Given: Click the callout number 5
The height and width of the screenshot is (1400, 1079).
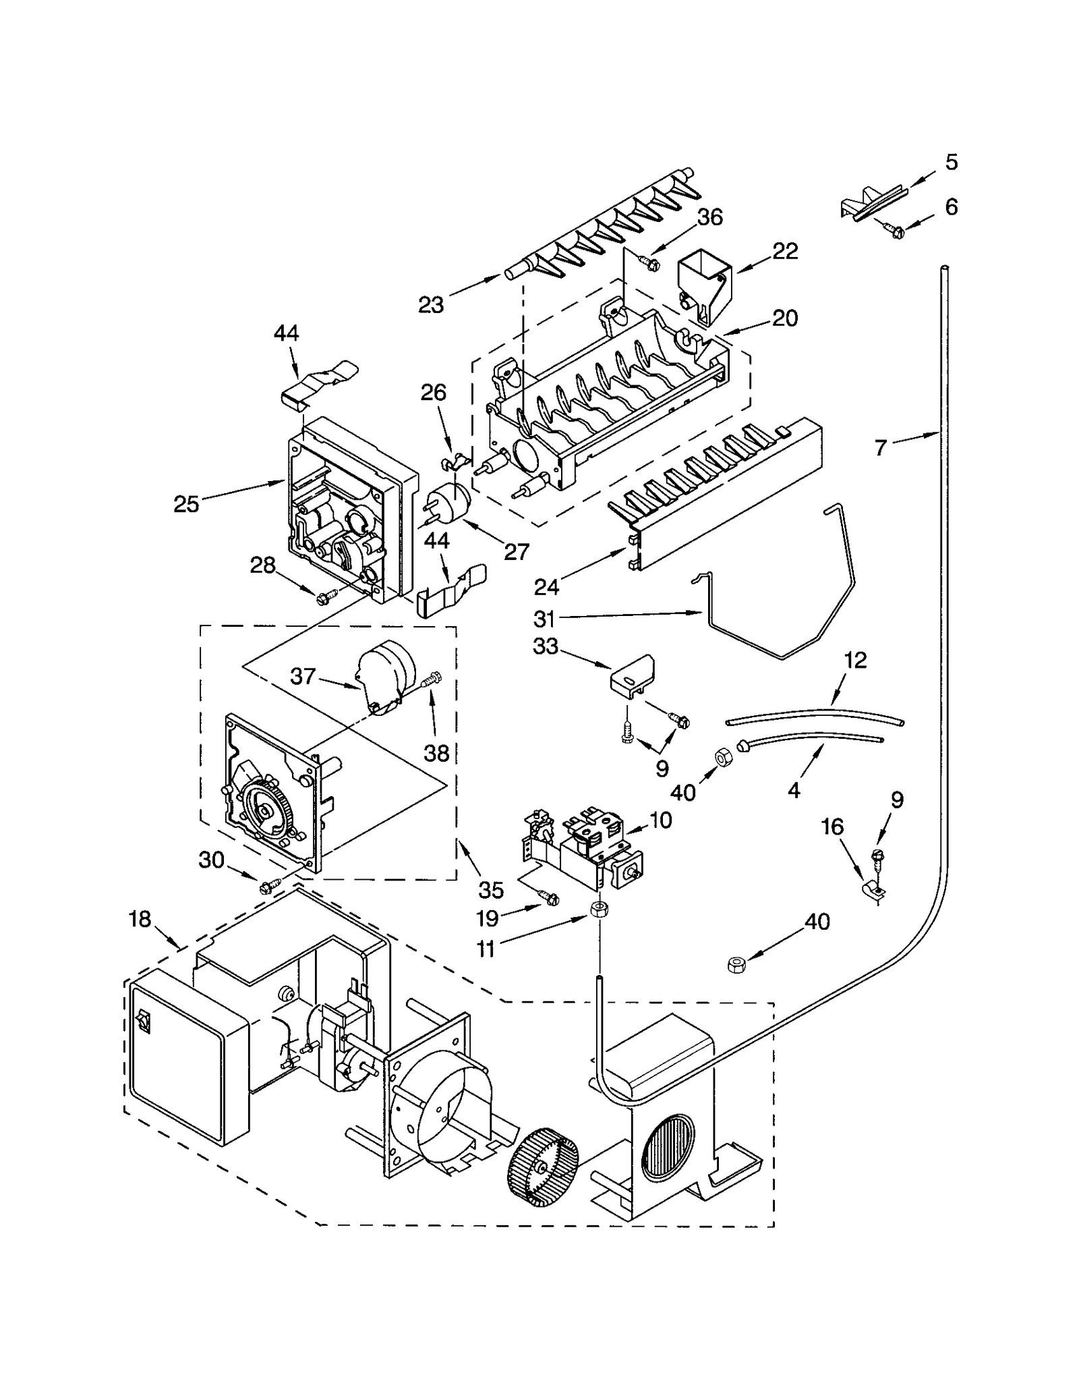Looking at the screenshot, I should (x=951, y=163).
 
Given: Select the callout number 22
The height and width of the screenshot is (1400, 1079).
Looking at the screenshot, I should (x=785, y=251).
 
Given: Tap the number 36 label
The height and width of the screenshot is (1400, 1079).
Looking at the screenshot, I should (x=709, y=217).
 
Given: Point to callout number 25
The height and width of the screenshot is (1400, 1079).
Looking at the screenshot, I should (x=186, y=503).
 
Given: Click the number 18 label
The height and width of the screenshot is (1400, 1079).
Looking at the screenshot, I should (x=140, y=919).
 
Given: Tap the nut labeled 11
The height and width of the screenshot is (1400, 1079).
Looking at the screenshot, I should (x=596, y=908).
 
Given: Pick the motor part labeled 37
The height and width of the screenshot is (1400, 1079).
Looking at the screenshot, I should (x=382, y=675).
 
